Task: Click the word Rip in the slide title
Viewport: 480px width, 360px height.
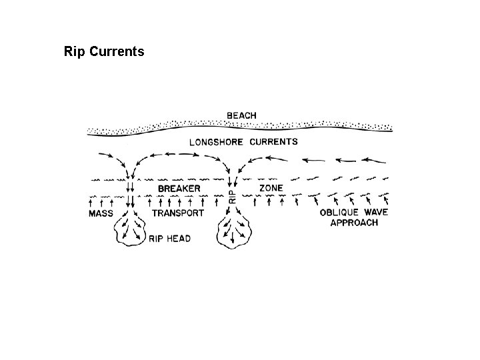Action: (x=75, y=51)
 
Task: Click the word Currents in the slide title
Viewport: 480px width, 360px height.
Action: (x=116, y=51)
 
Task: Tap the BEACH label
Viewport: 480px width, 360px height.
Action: (x=241, y=115)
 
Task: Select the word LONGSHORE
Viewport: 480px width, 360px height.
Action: (x=218, y=141)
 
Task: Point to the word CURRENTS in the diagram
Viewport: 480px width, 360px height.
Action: (x=274, y=141)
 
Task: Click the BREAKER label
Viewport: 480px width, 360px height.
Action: (x=179, y=189)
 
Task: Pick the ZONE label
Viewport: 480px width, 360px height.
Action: (x=271, y=189)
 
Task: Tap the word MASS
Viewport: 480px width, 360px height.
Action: (x=101, y=213)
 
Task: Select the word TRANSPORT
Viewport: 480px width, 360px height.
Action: (x=177, y=213)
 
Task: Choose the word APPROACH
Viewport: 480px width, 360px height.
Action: (x=354, y=223)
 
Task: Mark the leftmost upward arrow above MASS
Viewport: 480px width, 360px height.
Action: (x=92, y=200)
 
